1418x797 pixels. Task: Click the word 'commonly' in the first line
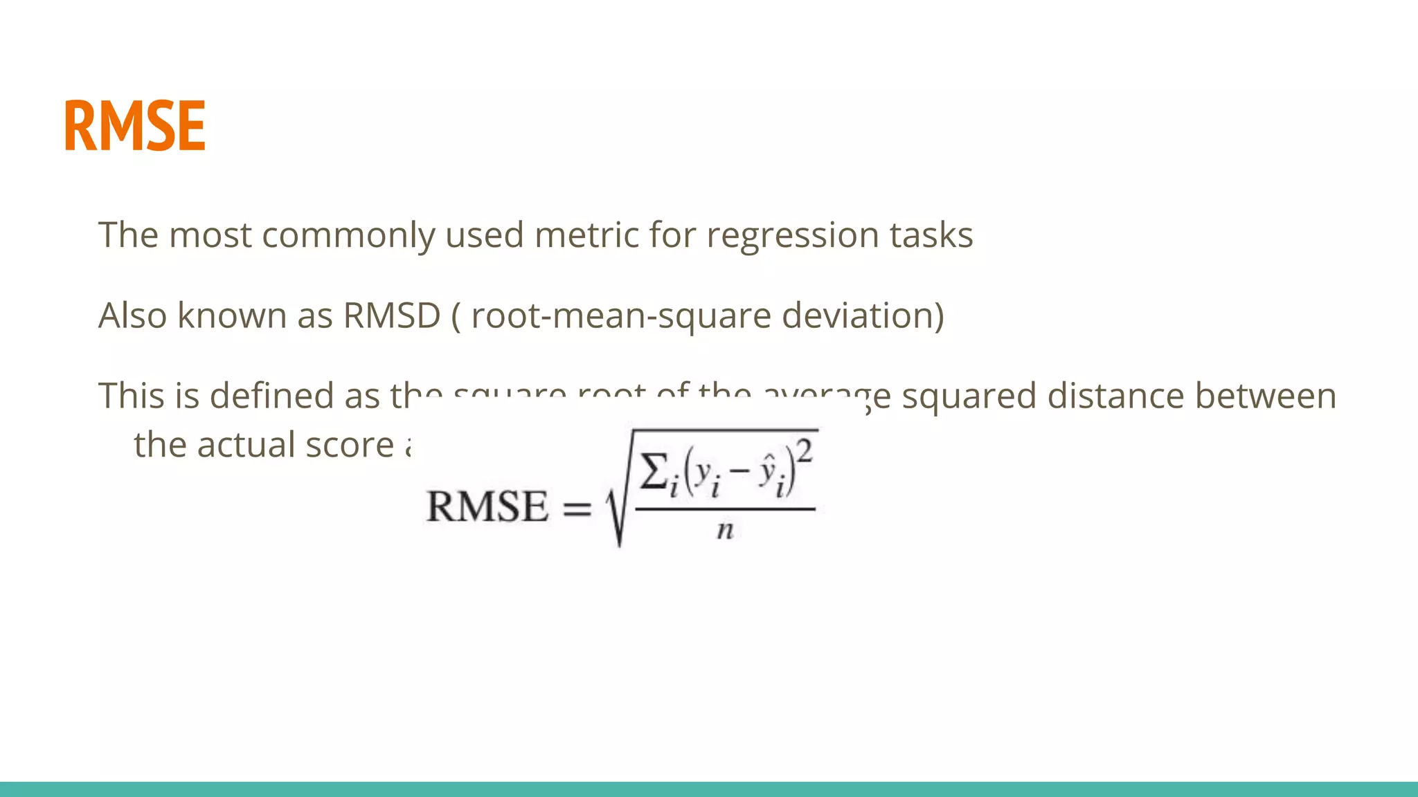348,235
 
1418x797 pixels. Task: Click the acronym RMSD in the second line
392,315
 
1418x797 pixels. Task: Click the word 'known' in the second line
231,315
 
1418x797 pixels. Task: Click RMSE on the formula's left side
487,506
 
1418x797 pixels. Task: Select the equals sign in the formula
577,509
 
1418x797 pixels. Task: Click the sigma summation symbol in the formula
654,472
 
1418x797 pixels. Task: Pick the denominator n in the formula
724,531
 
